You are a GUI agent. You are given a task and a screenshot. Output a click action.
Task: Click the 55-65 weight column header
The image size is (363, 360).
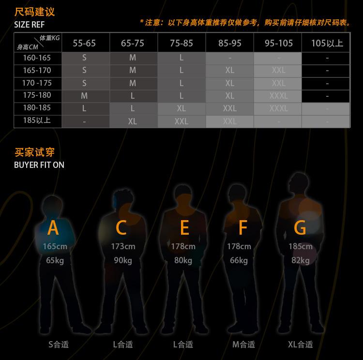tap(84, 43)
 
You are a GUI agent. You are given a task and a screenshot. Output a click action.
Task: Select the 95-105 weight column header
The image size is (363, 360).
tap(278, 43)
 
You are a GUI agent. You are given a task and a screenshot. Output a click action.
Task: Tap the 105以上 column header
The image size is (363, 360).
tap(327, 43)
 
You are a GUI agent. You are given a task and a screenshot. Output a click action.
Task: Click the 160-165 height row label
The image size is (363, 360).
tap(37, 58)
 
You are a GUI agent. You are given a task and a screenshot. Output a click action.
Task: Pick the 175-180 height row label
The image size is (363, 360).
tap(37, 95)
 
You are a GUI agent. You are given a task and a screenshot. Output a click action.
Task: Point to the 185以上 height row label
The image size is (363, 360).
tap(37, 120)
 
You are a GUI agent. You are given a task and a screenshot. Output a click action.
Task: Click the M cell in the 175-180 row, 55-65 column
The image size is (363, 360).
tap(84, 96)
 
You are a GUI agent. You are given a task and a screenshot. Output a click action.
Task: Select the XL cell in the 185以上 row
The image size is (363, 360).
tap(133, 121)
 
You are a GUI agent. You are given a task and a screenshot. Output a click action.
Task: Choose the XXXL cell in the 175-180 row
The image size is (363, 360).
tap(278, 96)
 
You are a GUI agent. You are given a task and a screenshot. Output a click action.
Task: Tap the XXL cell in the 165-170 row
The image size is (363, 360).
tap(278, 71)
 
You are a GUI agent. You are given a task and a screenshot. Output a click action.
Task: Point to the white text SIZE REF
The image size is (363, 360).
tap(30, 25)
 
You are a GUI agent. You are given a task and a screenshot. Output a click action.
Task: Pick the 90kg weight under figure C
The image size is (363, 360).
tap(123, 260)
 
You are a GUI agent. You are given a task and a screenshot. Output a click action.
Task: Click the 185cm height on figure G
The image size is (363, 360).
tap(300, 246)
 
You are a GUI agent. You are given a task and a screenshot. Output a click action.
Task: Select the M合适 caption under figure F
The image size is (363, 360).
tap(243, 345)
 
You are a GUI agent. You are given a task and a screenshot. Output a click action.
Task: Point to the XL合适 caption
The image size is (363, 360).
tap(300, 345)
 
